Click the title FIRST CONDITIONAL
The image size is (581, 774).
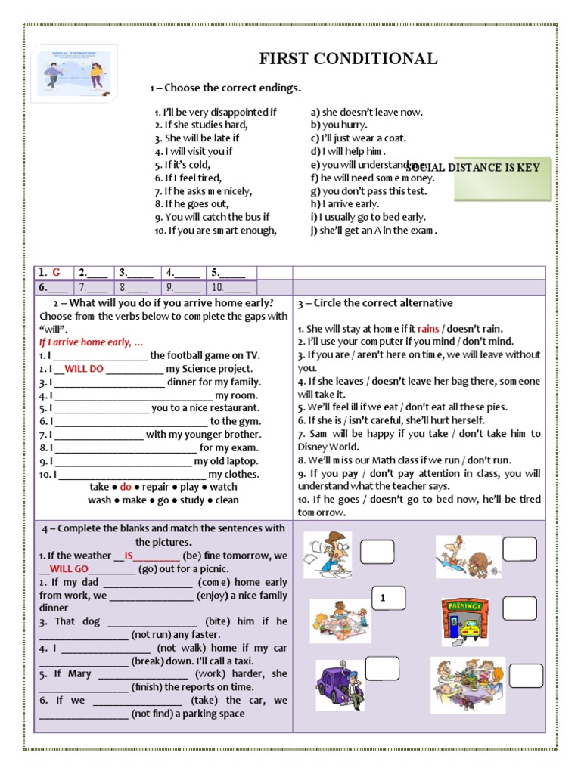click(348, 59)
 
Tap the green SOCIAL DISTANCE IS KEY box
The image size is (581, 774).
click(502, 178)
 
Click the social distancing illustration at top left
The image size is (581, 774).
click(73, 74)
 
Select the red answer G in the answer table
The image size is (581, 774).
click(56, 273)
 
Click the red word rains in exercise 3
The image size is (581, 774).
click(428, 329)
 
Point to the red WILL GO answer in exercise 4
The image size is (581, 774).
click(70, 569)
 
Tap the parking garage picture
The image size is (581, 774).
click(464, 621)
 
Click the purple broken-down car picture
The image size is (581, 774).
click(339, 686)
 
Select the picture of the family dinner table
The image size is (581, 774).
click(468, 685)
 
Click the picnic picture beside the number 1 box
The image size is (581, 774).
click(340, 621)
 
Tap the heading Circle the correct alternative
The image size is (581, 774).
click(375, 303)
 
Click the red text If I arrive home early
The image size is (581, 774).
click(92, 342)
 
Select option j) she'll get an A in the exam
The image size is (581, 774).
click(374, 231)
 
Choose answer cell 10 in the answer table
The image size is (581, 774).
click(231, 287)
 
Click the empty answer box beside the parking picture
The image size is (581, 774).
click(519, 608)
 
